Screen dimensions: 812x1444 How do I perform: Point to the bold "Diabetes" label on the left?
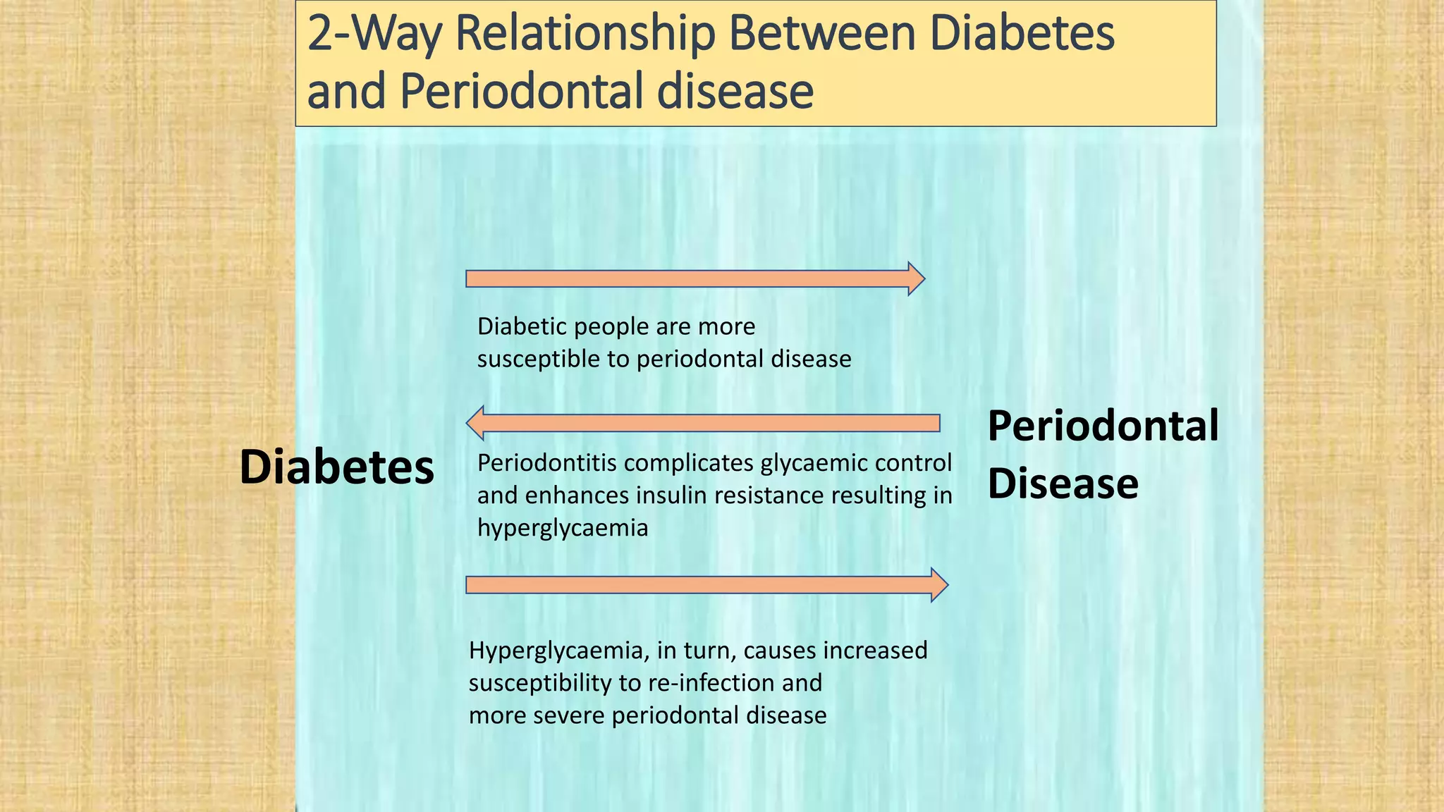[x=336, y=467]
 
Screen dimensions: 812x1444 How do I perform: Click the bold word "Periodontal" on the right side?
[x=1103, y=426]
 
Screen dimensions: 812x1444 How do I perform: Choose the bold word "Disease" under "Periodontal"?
[x=1063, y=484]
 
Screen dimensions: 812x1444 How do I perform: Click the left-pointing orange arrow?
[x=703, y=423]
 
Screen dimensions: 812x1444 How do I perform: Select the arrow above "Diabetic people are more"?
[x=695, y=279]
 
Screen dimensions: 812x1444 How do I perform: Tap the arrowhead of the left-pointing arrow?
[x=475, y=423]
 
